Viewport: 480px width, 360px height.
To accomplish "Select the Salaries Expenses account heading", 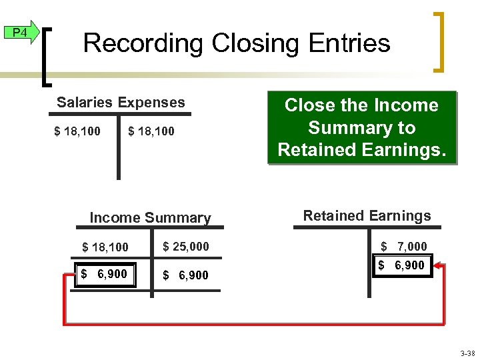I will [121, 103].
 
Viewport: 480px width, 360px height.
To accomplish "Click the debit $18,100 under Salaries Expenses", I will [77, 131].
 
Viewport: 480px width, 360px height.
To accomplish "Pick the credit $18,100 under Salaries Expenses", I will [151, 131].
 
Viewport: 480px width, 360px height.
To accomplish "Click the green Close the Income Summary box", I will [361, 127].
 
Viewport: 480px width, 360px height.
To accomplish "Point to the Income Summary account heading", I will [150, 218].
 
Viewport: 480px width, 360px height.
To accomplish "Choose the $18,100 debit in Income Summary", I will [105, 247].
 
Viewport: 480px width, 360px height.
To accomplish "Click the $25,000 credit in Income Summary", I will [186, 247].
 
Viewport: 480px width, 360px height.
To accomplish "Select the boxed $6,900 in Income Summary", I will [105, 274].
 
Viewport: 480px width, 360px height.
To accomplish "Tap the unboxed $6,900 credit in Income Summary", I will [186, 275].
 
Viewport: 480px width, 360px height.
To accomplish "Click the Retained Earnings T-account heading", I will [367, 216].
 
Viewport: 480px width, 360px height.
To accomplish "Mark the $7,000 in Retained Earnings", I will [403, 247].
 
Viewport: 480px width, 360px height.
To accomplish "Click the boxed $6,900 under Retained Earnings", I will [402, 265].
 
